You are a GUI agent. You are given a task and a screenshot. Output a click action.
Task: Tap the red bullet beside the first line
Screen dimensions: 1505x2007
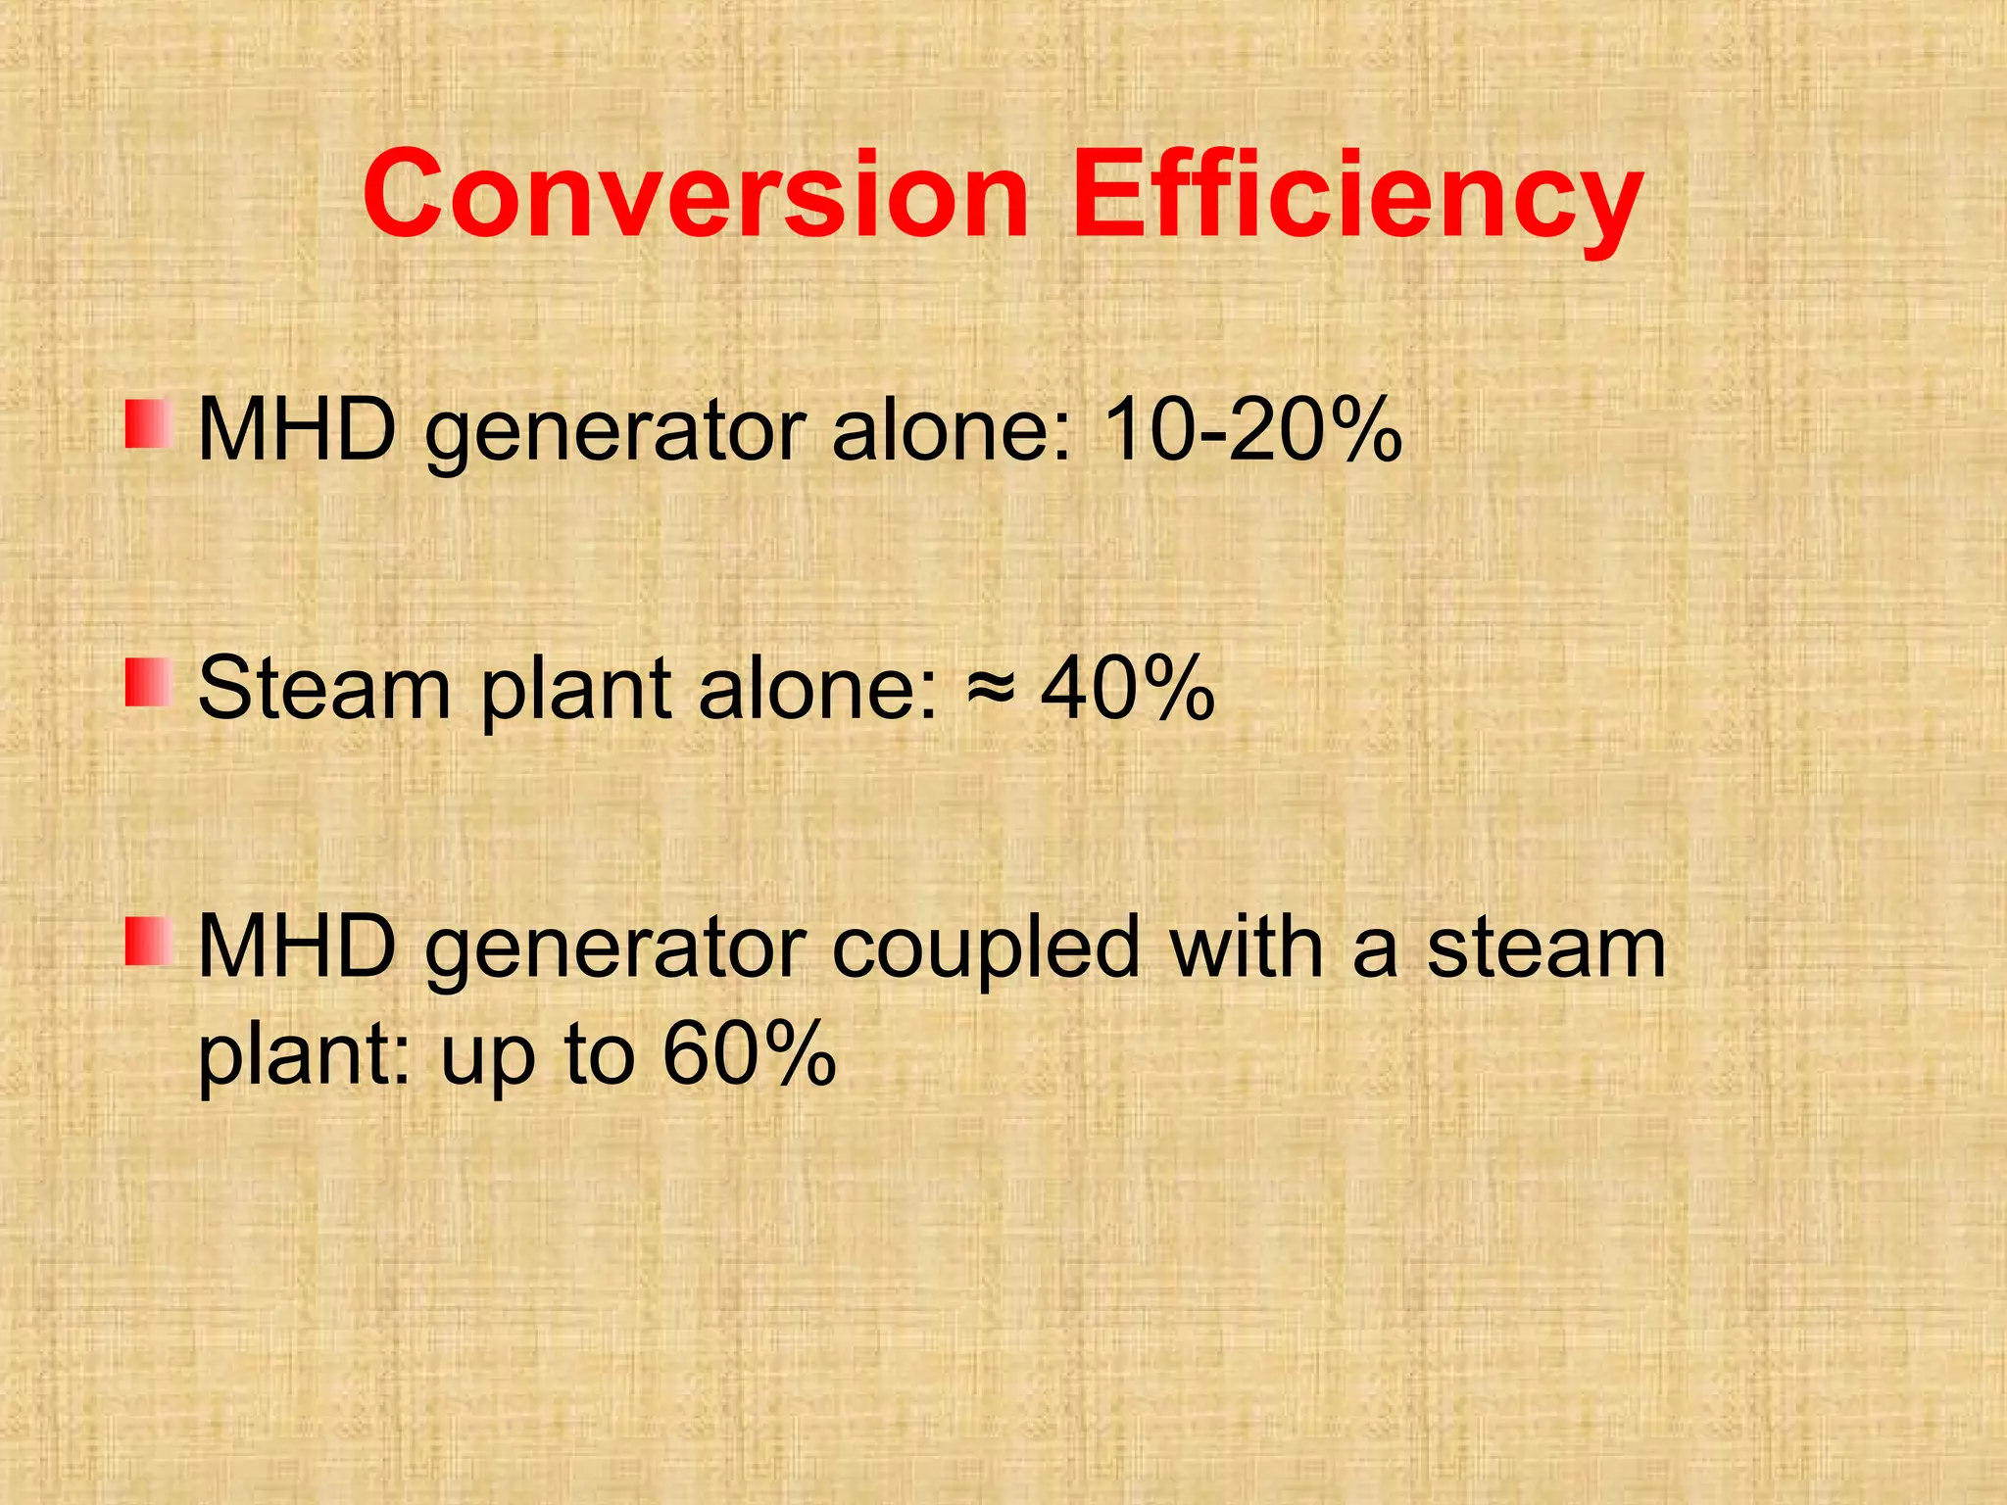point(149,424)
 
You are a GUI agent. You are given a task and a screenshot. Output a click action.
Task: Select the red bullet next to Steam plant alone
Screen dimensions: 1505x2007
point(149,682)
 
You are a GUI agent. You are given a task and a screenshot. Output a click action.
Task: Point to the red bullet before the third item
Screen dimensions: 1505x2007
point(149,941)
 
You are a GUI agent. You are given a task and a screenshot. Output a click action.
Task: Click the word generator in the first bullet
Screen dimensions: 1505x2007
point(615,433)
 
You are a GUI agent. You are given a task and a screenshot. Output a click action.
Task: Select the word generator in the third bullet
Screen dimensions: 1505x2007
point(615,950)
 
